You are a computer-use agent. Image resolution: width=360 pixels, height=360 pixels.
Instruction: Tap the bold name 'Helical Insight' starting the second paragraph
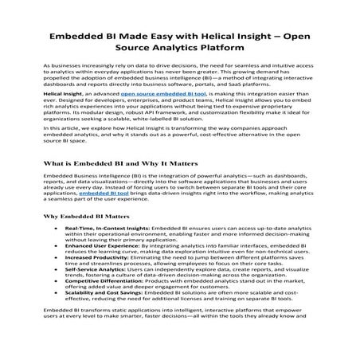click(61, 115)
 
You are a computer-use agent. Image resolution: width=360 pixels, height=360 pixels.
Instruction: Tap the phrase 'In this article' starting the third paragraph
click(61, 150)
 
